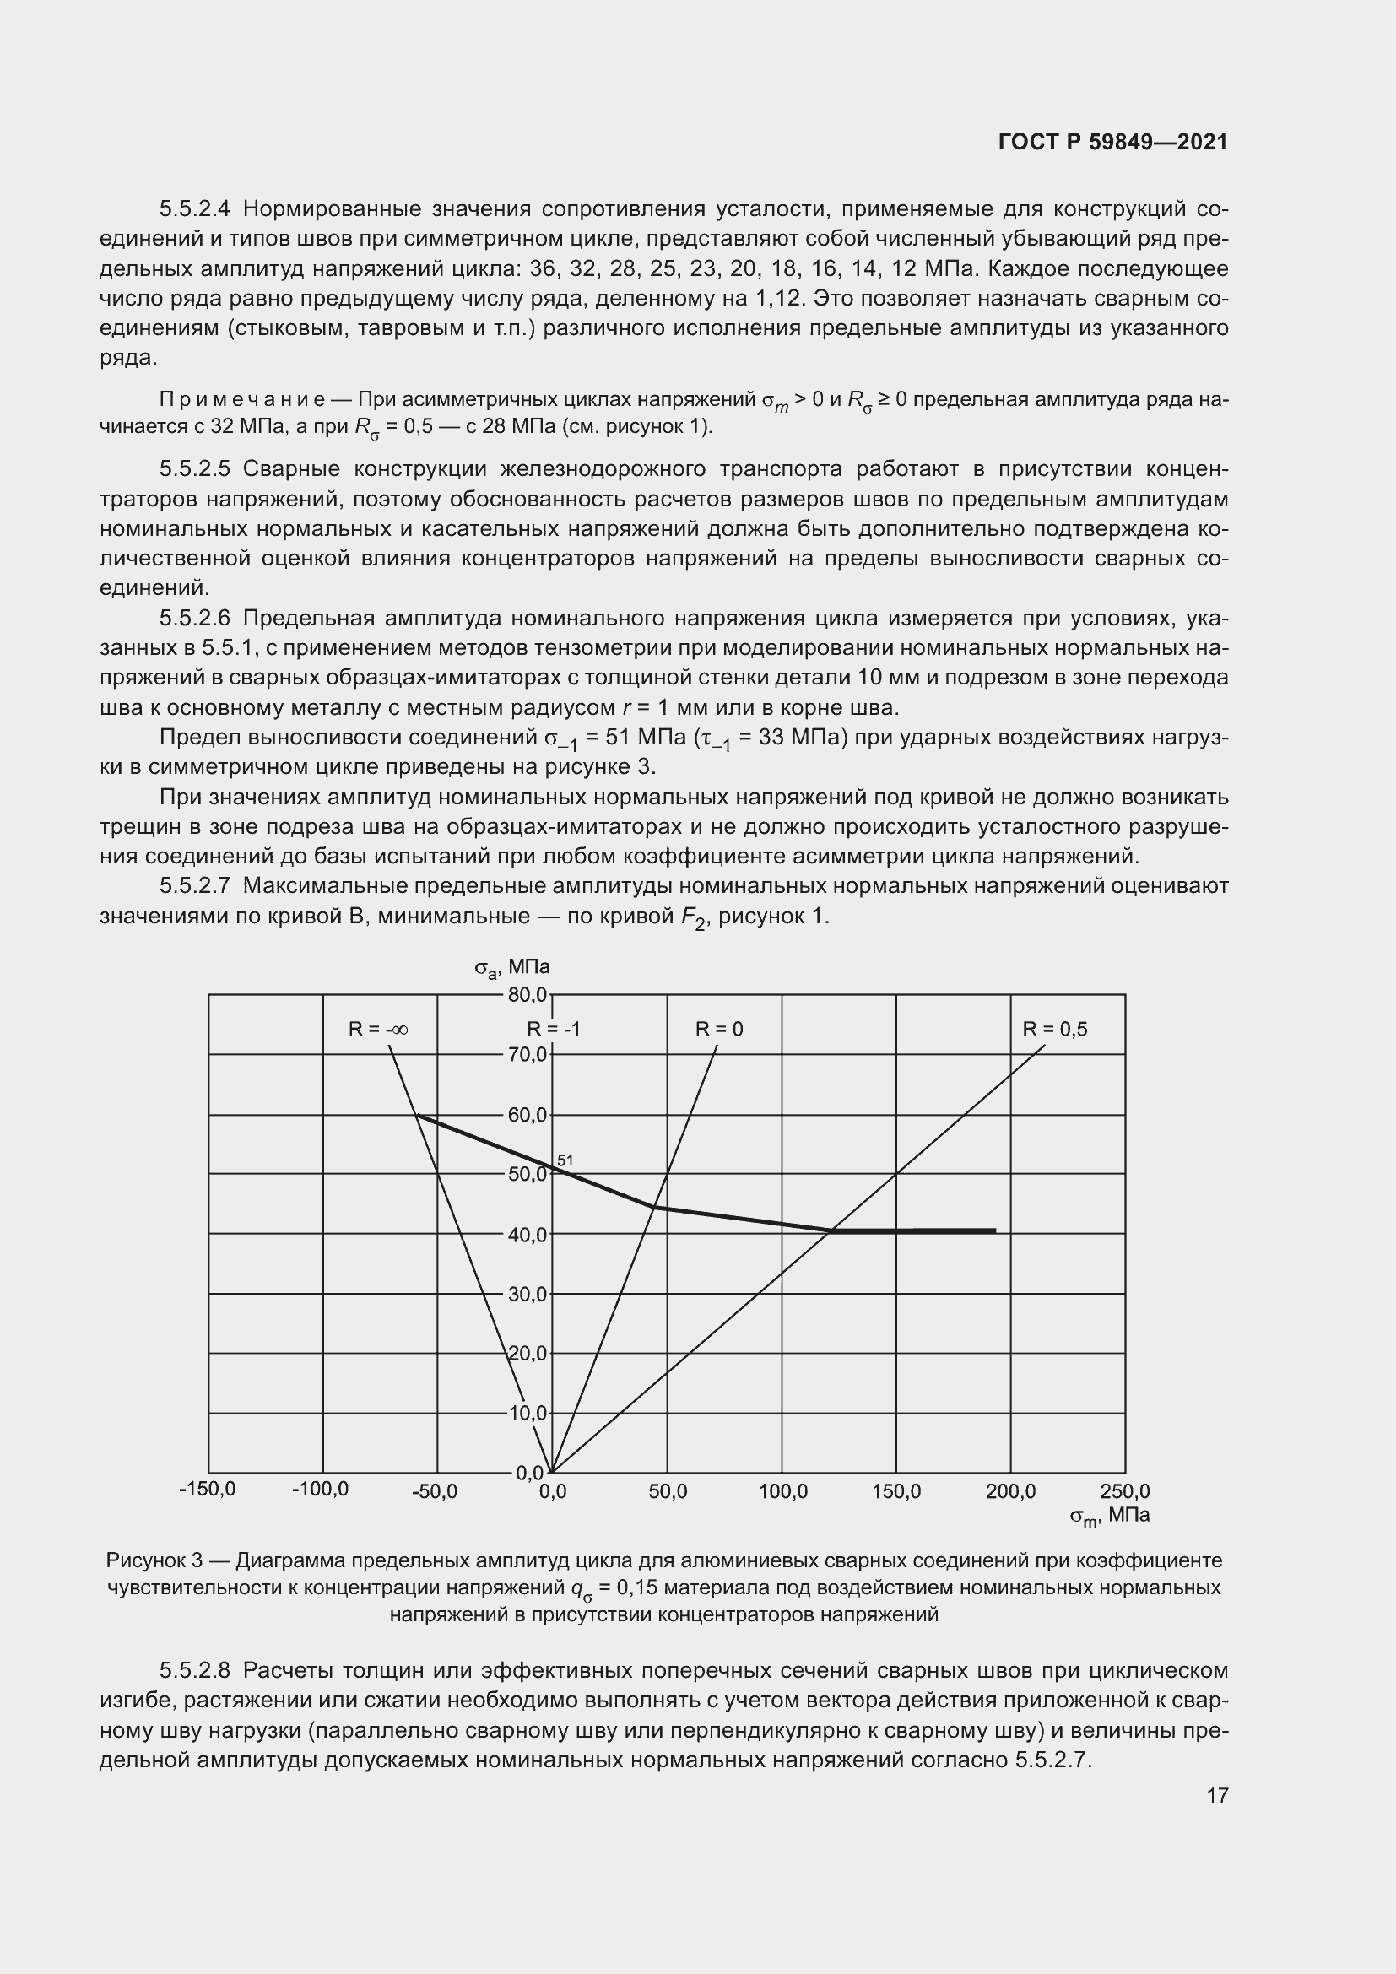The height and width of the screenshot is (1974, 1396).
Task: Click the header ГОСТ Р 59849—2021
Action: click(1113, 142)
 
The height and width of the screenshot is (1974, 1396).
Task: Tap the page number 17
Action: click(1217, 1795)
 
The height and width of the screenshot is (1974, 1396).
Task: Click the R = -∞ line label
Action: click(378, 1029)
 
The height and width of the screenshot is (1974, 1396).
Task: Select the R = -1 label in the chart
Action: click(554, 1029)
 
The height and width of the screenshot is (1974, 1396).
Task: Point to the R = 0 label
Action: click(719, 1029)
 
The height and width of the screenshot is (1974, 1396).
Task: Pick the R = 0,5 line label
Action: click(1055, 1029)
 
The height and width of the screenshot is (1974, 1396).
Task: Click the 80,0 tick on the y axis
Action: click(527, 995)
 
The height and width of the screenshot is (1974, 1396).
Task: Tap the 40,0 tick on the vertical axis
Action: click(527, 1235)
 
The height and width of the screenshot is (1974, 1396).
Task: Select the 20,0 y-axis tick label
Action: click(527, 1354)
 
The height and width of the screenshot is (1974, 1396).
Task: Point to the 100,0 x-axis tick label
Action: click(782, 1491)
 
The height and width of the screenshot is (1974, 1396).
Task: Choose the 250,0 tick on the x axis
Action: click(1124, 1491)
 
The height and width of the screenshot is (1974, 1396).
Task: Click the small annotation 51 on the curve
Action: click(565, 1160)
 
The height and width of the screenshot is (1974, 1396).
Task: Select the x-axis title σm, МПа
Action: click(1109, 1516)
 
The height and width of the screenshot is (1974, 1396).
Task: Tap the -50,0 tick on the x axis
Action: click(435, 1491)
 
